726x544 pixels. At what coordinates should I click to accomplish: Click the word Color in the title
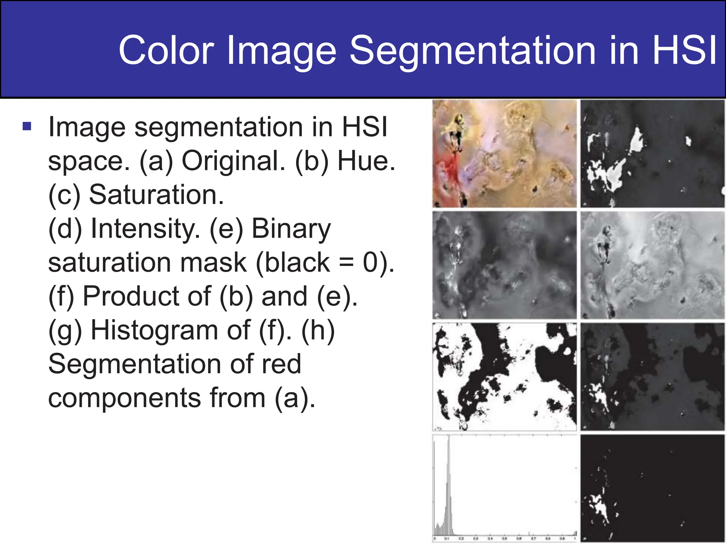point(167,50)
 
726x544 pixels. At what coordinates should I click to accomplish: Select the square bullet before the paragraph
point(27,126)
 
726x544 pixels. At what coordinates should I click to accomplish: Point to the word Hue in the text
point(365,161)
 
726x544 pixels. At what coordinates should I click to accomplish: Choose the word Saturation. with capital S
point(156,195)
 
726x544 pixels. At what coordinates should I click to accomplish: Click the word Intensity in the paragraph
point(145,228)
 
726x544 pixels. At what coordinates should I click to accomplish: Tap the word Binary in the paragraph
point(291,228)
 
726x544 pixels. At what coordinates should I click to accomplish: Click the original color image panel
point(504,153)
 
